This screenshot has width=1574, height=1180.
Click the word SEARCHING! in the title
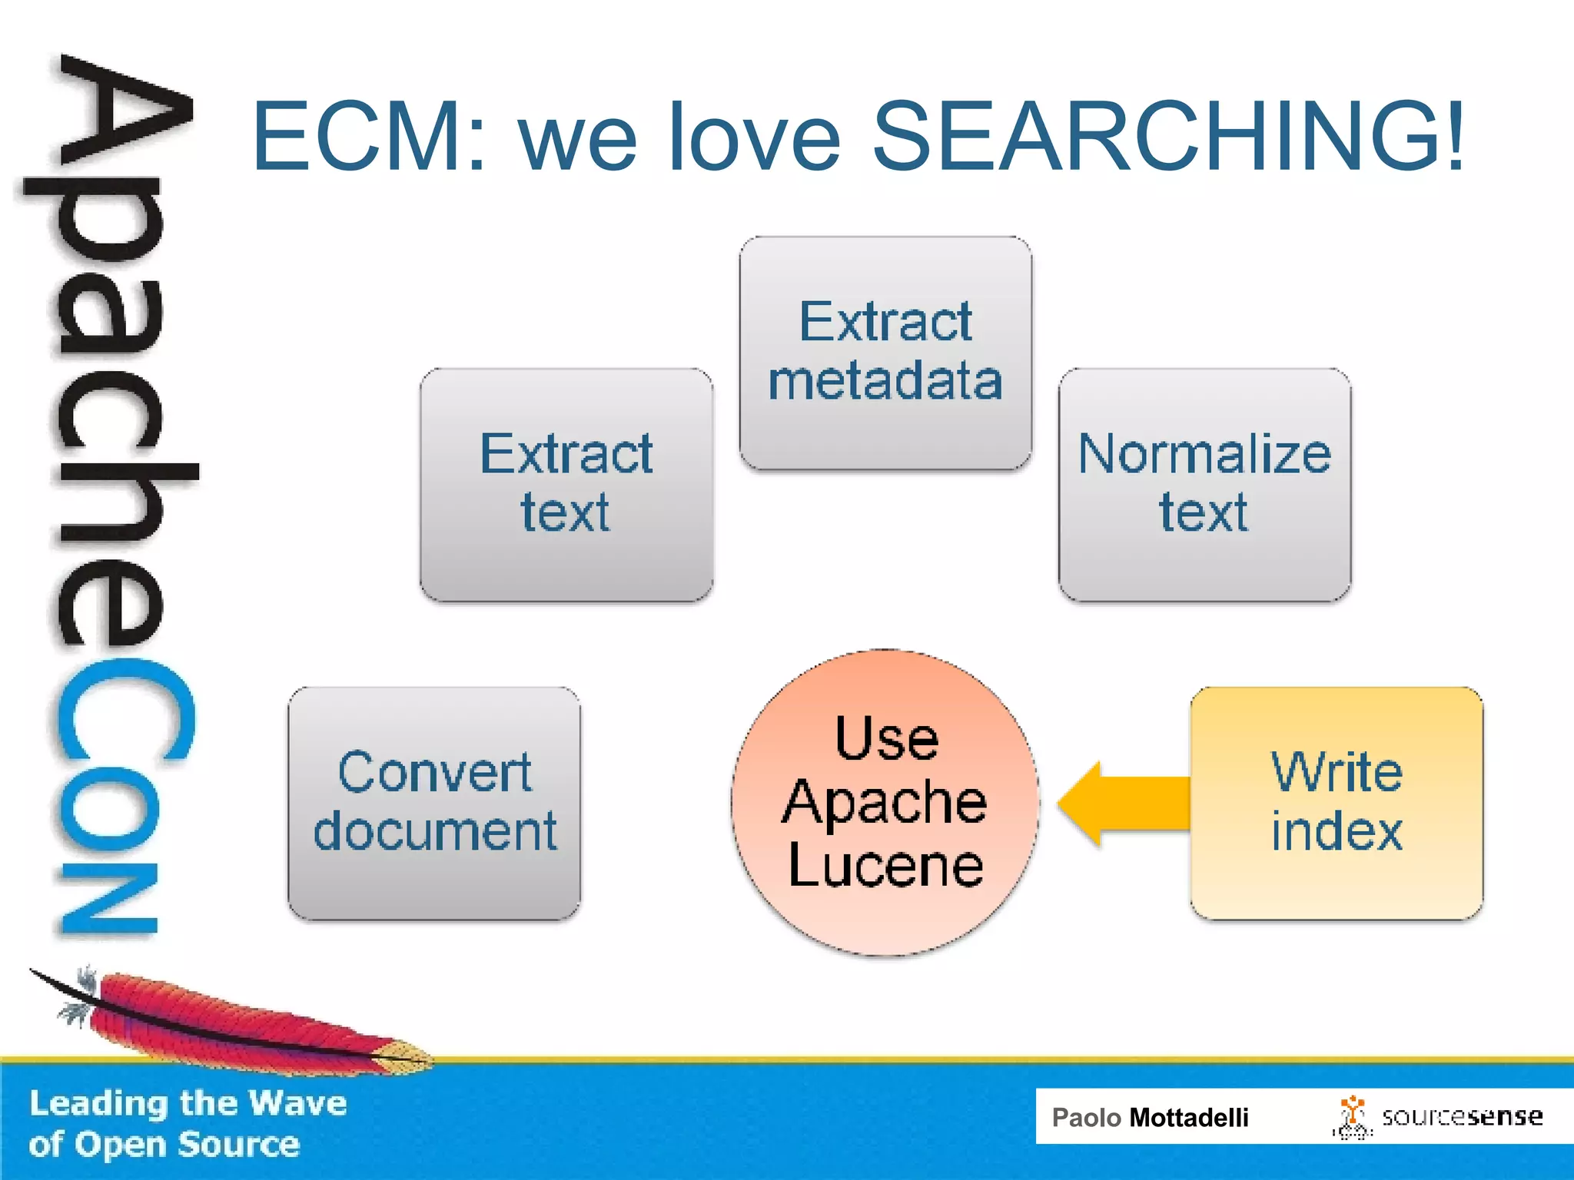(1168, 137)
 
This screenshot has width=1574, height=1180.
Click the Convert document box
(434, 804)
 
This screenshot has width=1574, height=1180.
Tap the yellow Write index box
(1337, 804)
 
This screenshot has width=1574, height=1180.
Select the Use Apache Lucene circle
(885, 803)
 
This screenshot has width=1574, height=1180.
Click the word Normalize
(1204, 453)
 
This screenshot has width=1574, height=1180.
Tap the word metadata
(885, 381)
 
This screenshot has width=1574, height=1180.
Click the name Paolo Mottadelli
(1150, 1117)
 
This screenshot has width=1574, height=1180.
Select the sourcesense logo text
(1462, 1116)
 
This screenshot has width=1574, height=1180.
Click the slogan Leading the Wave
(188, 1103)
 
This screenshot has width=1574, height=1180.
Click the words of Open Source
(164, 1145)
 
